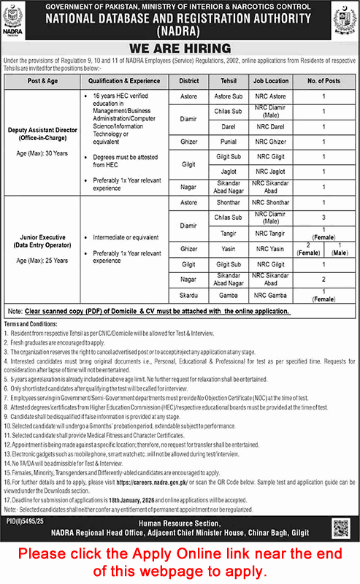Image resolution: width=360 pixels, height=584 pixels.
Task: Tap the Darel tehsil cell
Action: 227,126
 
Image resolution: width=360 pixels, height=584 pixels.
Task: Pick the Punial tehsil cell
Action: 227,142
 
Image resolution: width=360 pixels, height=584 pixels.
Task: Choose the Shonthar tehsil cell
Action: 227,203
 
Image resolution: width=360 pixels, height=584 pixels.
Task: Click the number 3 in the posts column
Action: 323,218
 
